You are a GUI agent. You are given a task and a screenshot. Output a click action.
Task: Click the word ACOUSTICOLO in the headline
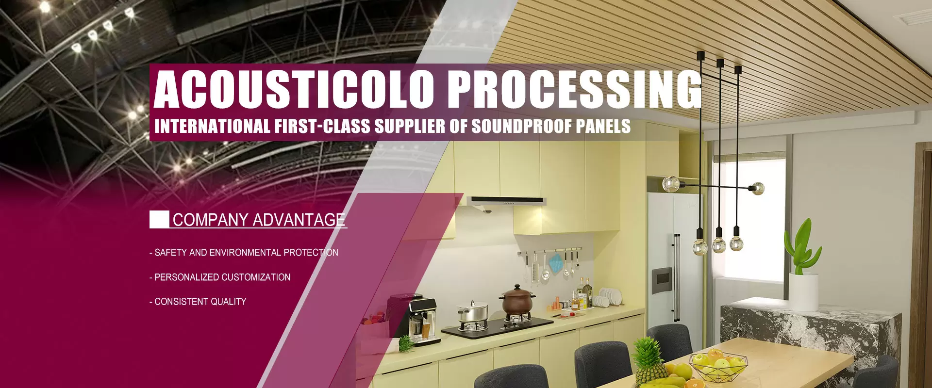pyautogui.click(x=293, y=89)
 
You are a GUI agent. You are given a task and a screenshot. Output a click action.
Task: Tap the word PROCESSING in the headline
pyautogui.click(x=575, y=89)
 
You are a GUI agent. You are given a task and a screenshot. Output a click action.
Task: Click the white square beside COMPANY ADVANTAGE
pyautogui.click(x=159, y=219)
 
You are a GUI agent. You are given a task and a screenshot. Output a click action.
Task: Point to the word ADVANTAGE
pyautogui.click(x=299, y=220)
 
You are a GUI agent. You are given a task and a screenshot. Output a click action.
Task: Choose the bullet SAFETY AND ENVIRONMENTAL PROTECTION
pyautogui.click(x=244, y=252)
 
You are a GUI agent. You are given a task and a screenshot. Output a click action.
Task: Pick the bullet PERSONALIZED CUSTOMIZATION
pyautogui.click(x=220, y=277)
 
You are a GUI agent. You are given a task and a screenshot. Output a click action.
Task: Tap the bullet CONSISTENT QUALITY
pyautogui.click(x=198, y=301)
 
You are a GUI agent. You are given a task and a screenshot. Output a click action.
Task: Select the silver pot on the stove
pyautogui.click(x=473, y=311)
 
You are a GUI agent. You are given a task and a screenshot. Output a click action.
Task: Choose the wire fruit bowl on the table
pyautogui.click(x=718, y=364)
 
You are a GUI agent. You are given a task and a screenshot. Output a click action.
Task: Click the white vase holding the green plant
pyautogui.click(x=803, y=291)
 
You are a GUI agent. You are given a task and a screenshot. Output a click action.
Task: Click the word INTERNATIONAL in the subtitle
pyautogui.click(x=212, y=126)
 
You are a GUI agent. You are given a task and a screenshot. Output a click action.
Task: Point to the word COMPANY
pyautogui.click(x=211, y=220)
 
